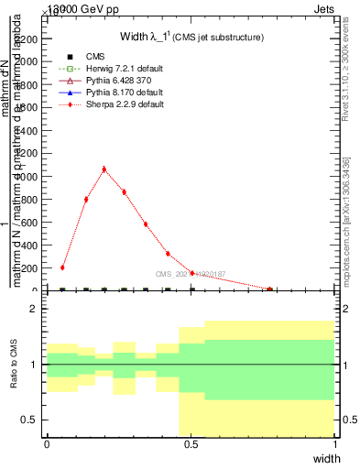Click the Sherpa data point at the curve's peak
point(104,169)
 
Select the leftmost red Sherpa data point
point(62,267)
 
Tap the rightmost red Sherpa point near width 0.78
point(269,289)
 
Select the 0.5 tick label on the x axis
point(191,443)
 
